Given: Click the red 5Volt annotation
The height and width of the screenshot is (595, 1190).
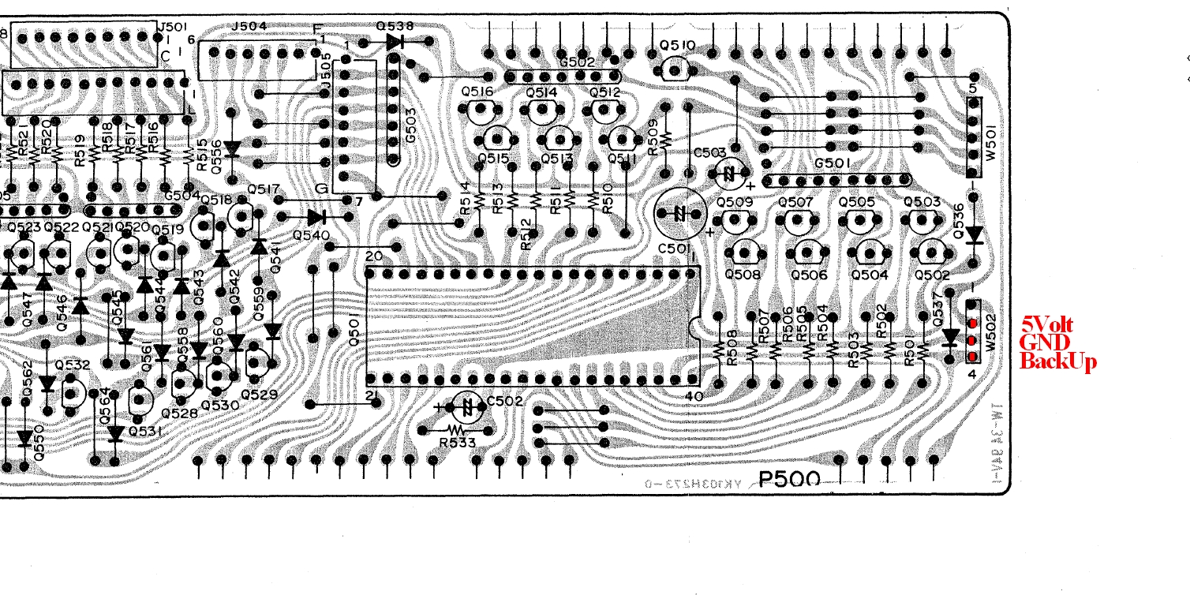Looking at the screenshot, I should (x=1047, y=324).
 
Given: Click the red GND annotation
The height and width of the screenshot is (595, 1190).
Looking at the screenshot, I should (x=1044, y=342).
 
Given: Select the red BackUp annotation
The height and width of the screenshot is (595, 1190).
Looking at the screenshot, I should (x=1058, y=361).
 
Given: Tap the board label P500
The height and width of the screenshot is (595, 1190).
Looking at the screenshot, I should (x=789, y=480).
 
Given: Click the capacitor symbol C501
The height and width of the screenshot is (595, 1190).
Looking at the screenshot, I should (x=679, y=213).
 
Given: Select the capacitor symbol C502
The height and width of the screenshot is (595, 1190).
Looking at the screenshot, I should (x=469, y=407).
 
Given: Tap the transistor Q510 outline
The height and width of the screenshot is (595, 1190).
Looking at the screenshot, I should (x=675, y=69).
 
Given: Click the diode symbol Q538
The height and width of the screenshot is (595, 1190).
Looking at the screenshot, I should (x=396, y=42).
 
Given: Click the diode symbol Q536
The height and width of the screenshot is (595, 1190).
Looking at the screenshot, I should (x=974, y=234).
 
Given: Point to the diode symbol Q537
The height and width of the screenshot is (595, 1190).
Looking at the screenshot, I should (x=951, y=337).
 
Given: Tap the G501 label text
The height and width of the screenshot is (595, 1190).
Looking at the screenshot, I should (x=832, y=163).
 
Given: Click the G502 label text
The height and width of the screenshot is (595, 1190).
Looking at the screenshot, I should (x=576, y=62).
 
